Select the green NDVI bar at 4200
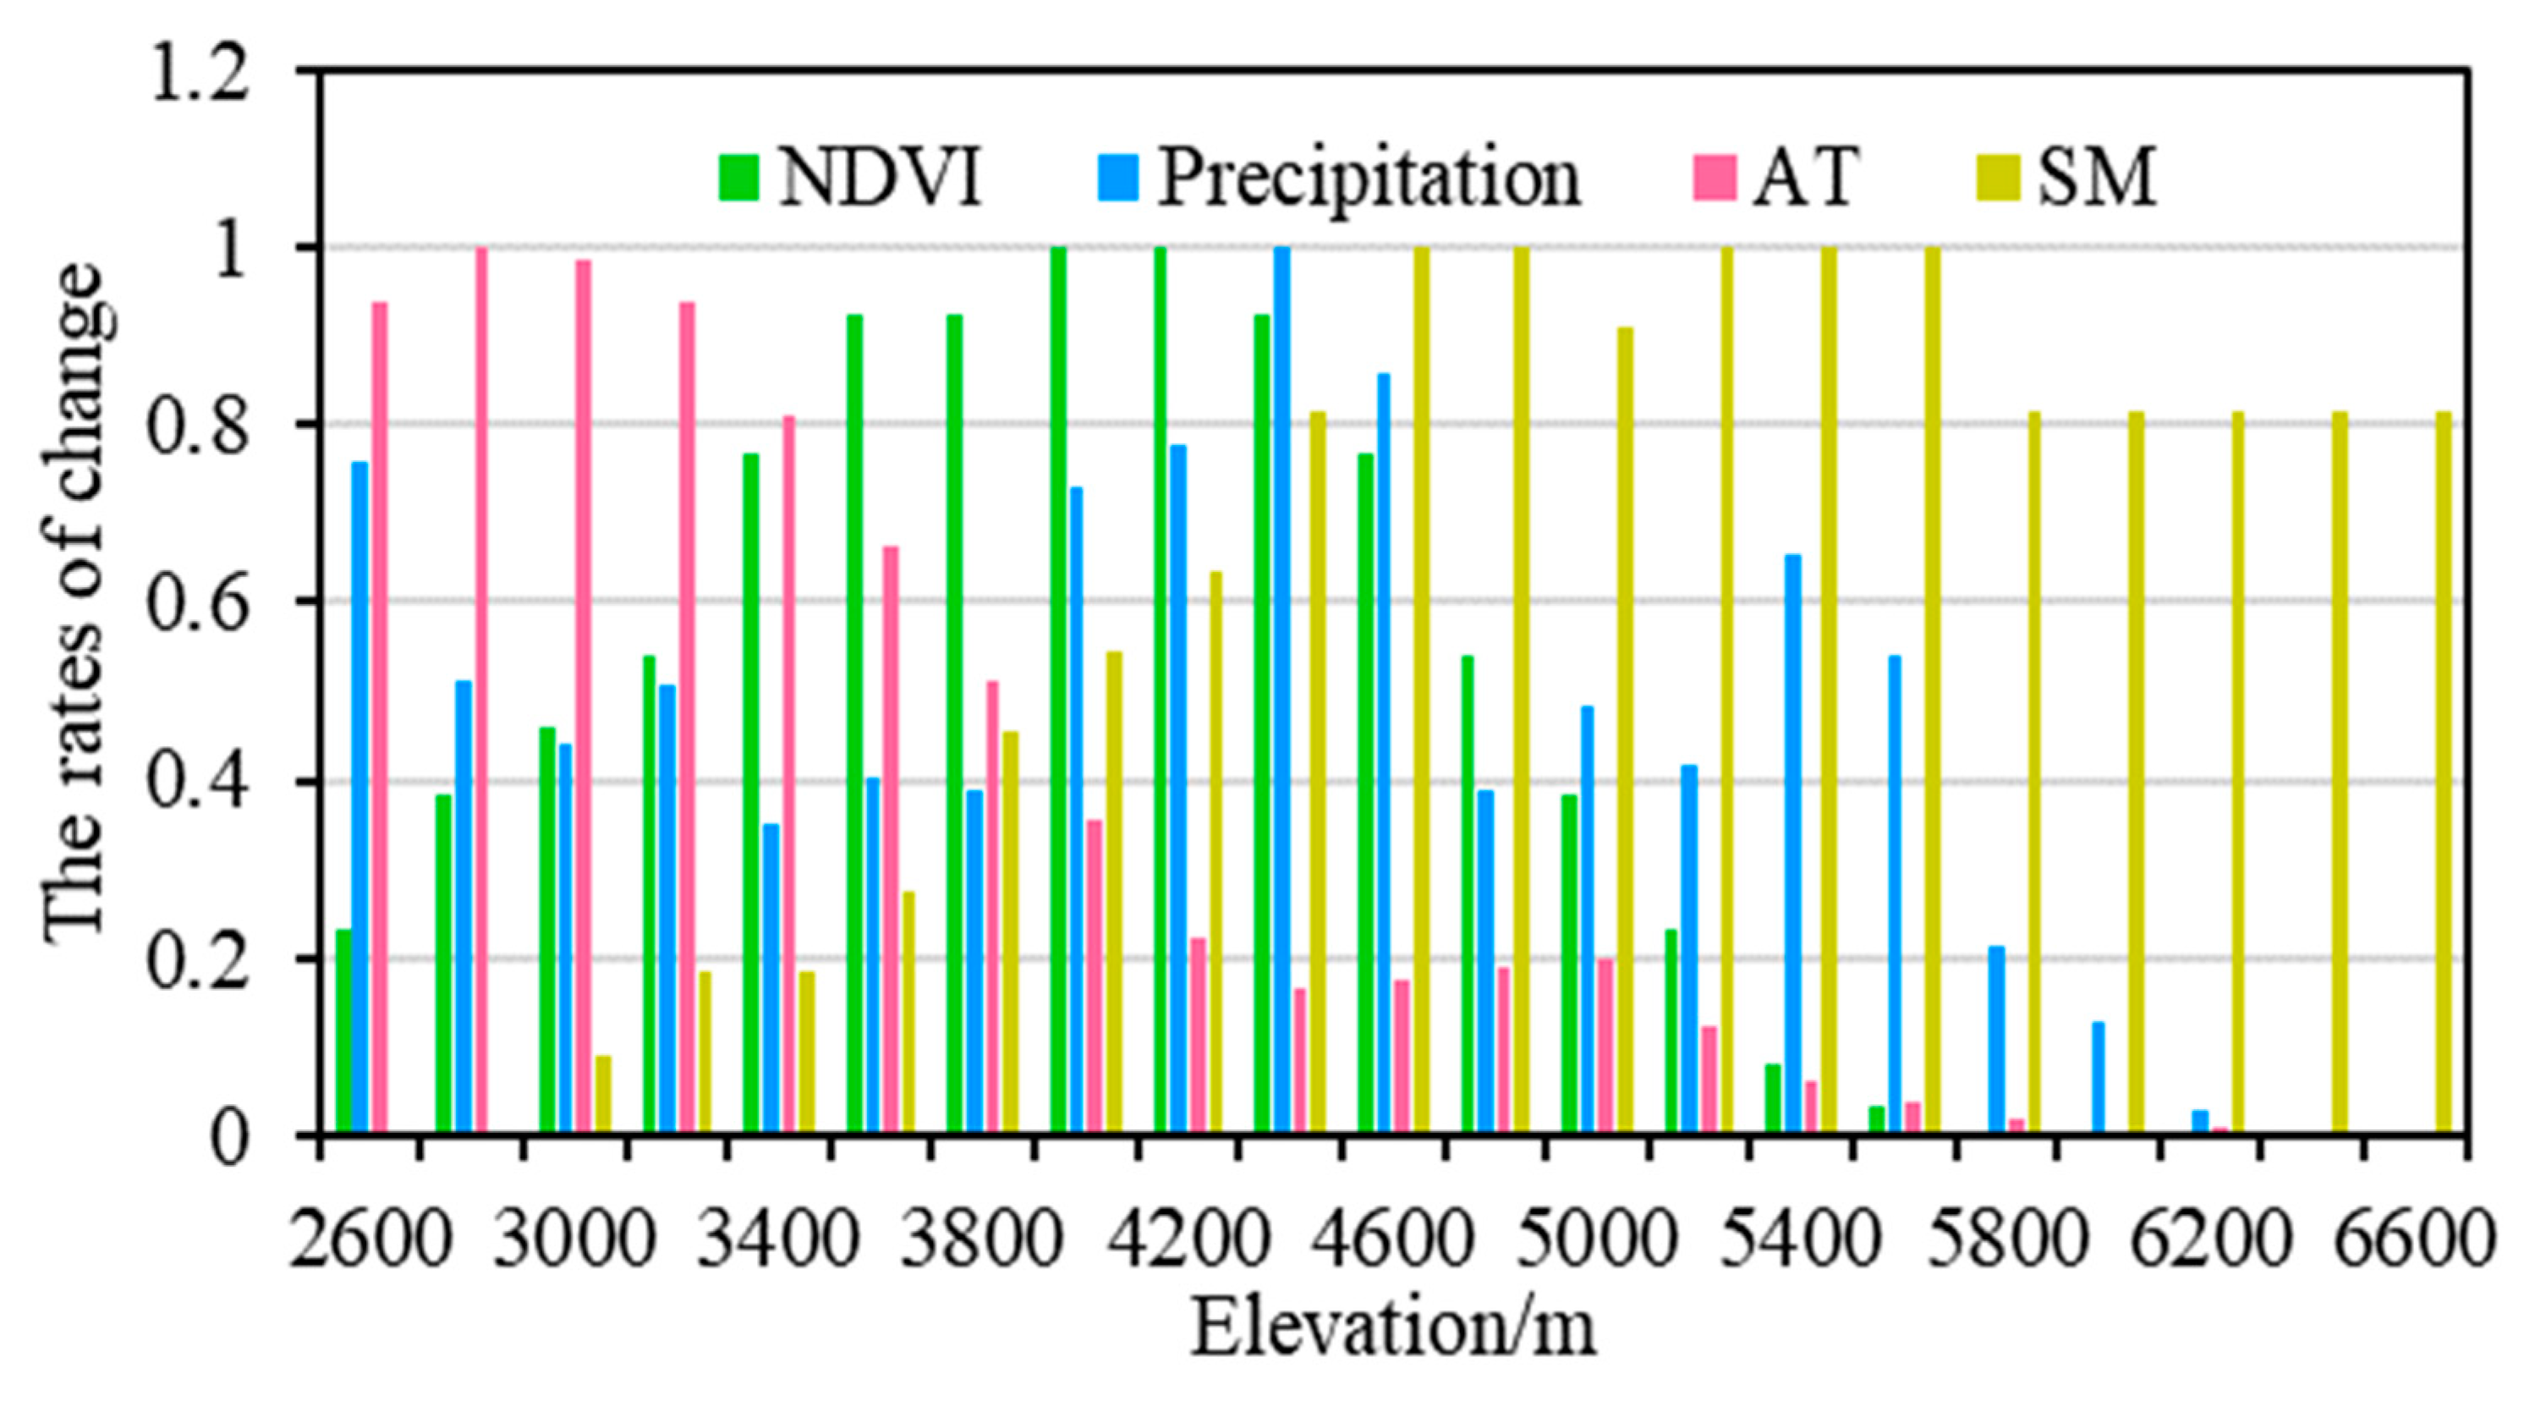1161,690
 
